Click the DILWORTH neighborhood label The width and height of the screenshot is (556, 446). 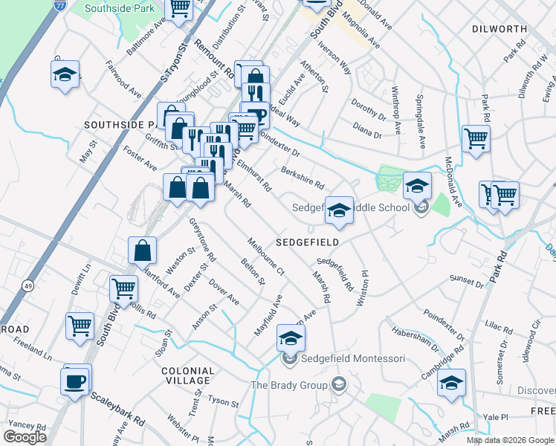[498, 29]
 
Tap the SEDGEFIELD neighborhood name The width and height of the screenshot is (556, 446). [307, 242]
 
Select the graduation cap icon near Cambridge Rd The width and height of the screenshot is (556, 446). [451, 383]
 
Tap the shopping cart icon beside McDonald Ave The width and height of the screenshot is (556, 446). [476, 139]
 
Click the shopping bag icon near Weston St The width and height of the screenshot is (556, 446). [142, 252]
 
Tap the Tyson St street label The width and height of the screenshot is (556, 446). [222, 402]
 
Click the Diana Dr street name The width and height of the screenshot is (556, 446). [366, 135]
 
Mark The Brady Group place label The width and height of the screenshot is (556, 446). [289, 385]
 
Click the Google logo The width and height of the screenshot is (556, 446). [25, 436]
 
